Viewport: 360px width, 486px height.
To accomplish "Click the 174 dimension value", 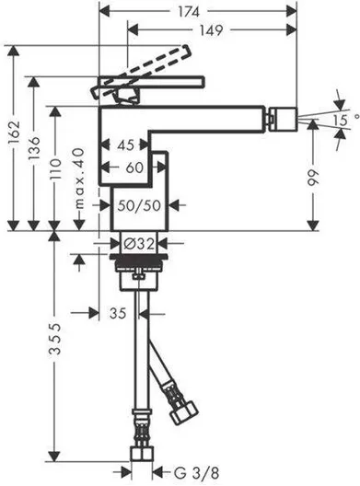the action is [x=189, y=11].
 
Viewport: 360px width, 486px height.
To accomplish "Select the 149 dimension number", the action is [x=211, y=30].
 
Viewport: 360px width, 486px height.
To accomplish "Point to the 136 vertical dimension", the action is [x=34, y=147].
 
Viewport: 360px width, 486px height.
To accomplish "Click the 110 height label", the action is [x=55, y=169].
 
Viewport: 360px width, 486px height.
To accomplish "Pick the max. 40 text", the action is [x=79, y=179].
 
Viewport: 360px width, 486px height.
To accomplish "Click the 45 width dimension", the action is [x=125, y=145].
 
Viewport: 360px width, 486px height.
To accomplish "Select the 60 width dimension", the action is [x=134, y=168].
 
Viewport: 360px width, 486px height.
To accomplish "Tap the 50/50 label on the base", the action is [x=139, y=205].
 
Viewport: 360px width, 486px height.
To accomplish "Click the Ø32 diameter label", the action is [x=139, y=244].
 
